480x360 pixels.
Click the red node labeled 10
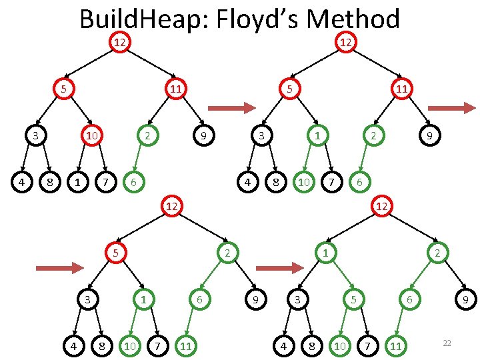pyautogui.click(x=91, y=136)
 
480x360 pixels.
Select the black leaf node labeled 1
pyautogui.click(x=79, y=181)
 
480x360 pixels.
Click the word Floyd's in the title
pyautogui.click(x=253, y=19)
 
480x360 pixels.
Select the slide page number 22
pyautogui.click(x=447, y=343)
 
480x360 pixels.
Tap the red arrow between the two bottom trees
pyautogui.click(x=279, y=268)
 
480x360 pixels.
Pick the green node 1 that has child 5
pyautogui.click(x=325, y=253)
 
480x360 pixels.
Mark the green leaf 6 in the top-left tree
pyautogui.click(x=134, y=181)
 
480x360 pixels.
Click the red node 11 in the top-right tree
pyautogui.click(x=400, y=88)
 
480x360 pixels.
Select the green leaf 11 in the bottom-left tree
pyautogui.click(x=188, y=345)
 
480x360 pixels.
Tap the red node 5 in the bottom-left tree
pyautogui.click(x=115, y=253)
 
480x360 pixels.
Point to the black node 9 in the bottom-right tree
pyautogui.click(x=465, y=301)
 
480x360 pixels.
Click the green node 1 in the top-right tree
pyautogui.click(x=318, y=136)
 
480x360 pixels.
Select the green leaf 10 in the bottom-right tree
pyautogui.click(x=340, y=345)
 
